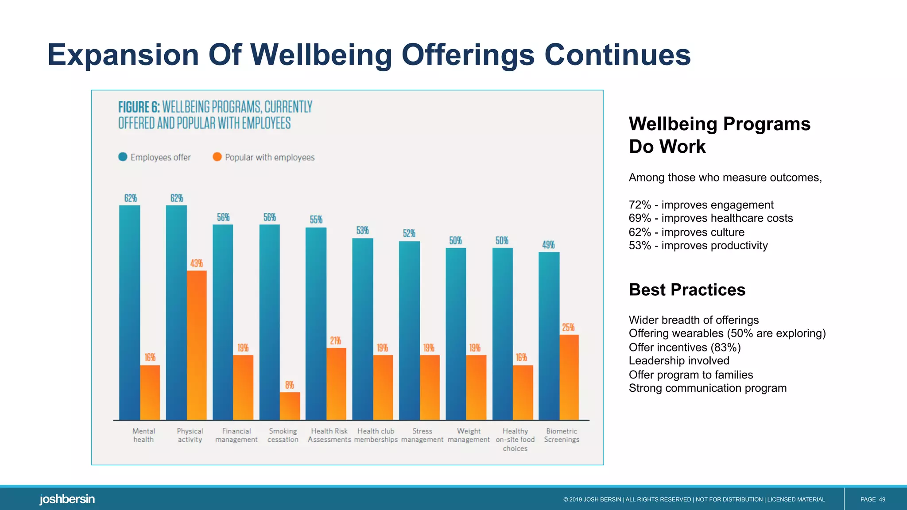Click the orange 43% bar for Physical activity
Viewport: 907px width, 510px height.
click(x=197, y=345)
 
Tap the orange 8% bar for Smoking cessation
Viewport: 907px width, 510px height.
click(x=290, y=406)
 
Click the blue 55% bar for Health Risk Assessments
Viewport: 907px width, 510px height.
click(x=316, y=323)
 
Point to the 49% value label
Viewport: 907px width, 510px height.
click(x=548, y=245)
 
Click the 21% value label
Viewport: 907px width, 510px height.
click(x=335, y=340)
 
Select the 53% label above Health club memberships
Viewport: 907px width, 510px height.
click(x=362, y=231)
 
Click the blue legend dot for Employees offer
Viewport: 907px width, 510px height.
click(x=123, y=157)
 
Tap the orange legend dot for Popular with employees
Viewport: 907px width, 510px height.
click(x=217, y=157)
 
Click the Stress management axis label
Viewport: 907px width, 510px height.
click(x=422, y=435)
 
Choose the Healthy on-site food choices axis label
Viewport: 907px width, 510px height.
click(x=515, y=440)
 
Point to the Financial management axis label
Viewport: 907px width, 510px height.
click(x=236, y=435)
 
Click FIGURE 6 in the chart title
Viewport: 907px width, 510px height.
click(x=139, y=107)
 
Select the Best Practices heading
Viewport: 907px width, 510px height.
click(x=687, y=290)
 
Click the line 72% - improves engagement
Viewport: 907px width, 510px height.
click(x=701, y=205)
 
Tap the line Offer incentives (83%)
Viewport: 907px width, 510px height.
click(x=684, y=347)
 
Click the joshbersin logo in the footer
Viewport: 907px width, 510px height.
click(x=67, y=499)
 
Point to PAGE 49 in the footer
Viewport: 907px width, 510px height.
click(x=872, y=499)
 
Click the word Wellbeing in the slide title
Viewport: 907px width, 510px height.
click(x=321, y=55)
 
